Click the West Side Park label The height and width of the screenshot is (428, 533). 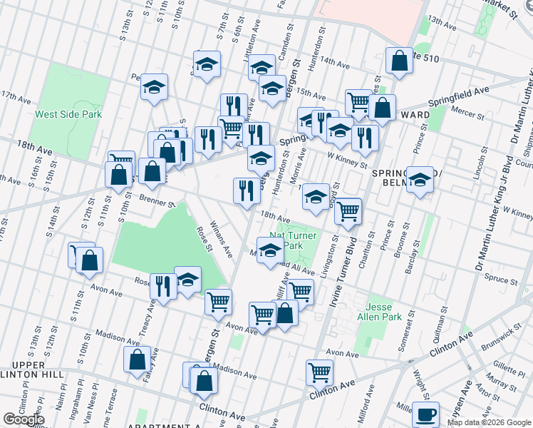click(68, 114)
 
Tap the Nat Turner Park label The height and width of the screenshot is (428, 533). click(294, 240)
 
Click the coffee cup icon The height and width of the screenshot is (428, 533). click(428, 414)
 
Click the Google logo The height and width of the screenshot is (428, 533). click(24, 419)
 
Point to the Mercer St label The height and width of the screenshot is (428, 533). click(468, 113)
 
